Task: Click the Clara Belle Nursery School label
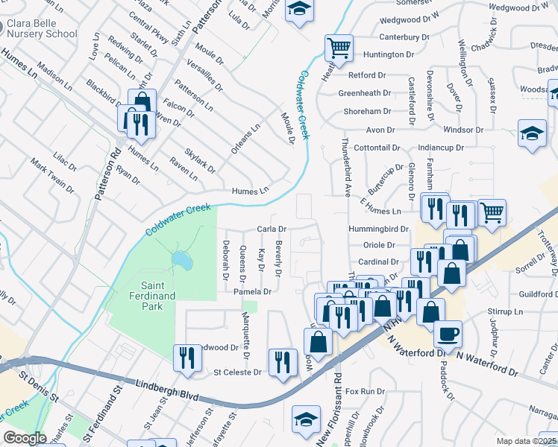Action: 41,28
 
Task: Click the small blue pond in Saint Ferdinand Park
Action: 180,260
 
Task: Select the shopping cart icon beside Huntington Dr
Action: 339,48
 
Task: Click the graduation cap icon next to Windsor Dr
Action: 531,134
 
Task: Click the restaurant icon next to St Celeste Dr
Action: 281,363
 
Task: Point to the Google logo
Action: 25,438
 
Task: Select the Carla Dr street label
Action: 272,229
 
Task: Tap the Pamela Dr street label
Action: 251,292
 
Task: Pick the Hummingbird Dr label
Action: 378,229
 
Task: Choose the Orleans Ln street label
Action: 245,138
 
